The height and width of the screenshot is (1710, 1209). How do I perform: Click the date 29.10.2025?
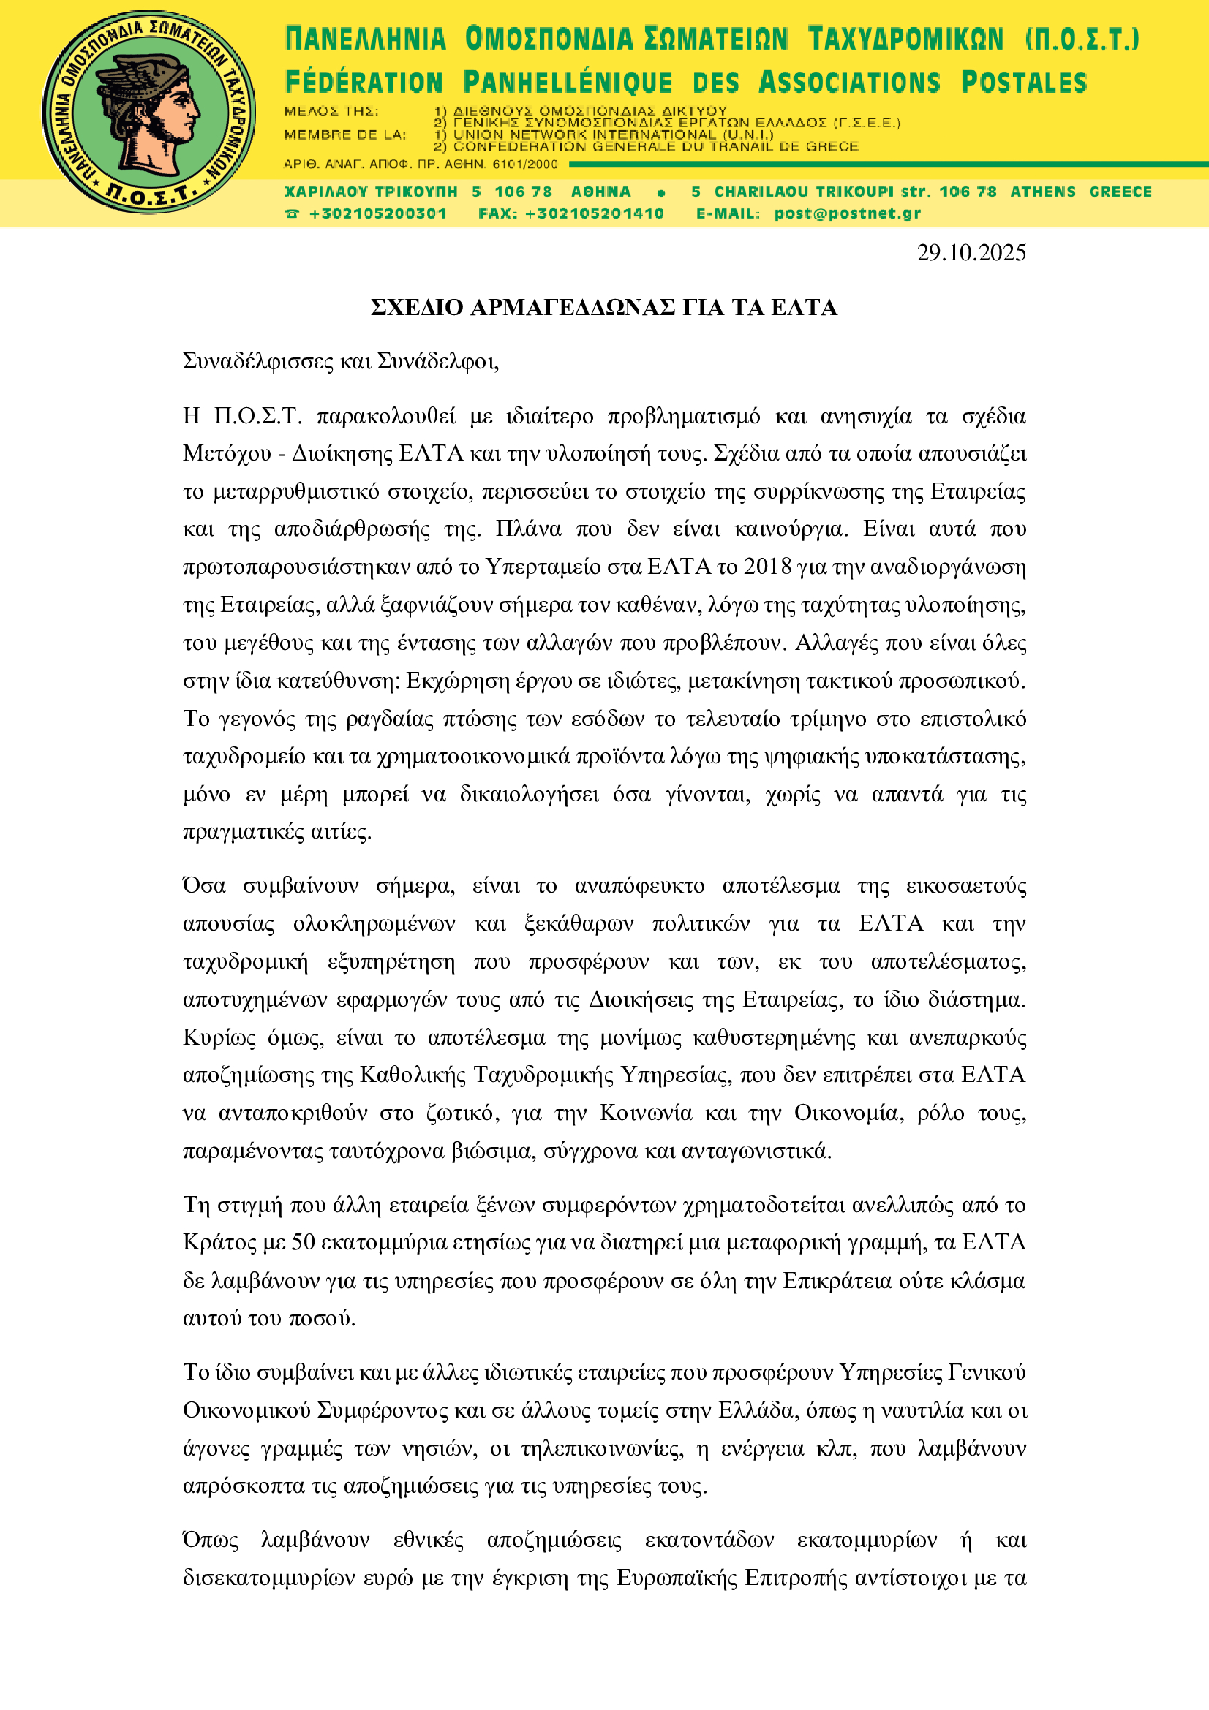[971, 253]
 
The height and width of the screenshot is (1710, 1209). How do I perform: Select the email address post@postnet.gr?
[847, 213]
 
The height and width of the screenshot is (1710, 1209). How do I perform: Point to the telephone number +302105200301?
[377, 213]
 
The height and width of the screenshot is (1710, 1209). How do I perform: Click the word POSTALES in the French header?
[1023, 83]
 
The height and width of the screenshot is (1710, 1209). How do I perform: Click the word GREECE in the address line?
[1120, 192]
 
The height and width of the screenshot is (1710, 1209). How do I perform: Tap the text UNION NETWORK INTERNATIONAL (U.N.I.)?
[612, 135]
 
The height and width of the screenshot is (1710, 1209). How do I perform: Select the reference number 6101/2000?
[525, 164]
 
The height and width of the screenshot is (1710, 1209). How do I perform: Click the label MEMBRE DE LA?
[345, 135]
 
